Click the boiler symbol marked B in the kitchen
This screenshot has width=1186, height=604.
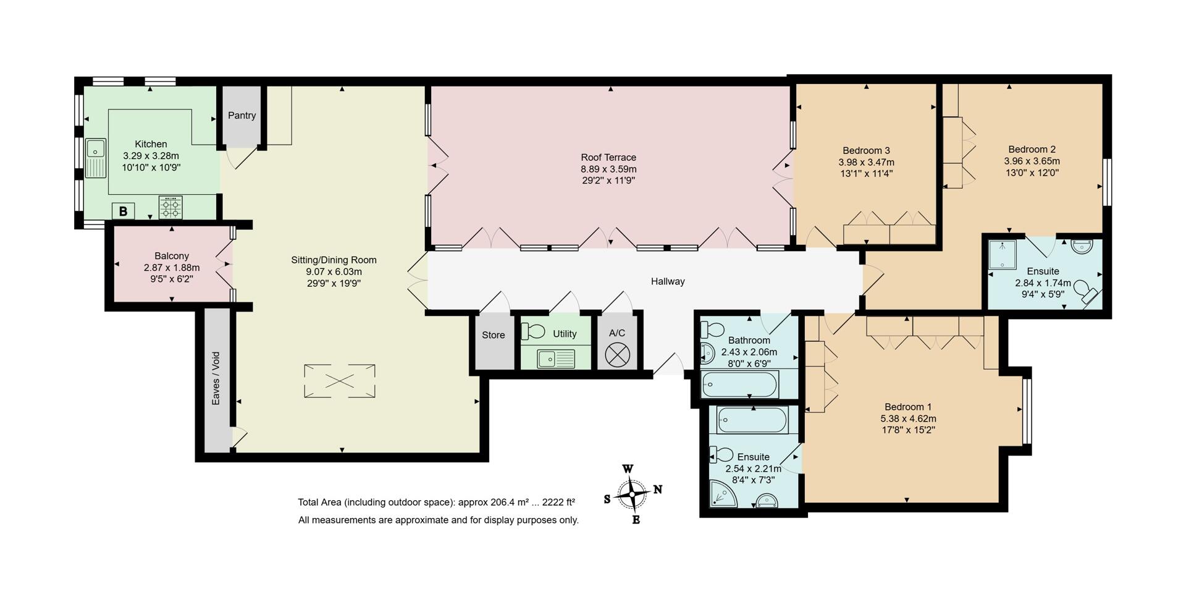[x=123, y=211]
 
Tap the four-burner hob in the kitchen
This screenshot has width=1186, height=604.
[x=170, y=207]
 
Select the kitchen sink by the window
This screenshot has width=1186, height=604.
[x=95, y=158]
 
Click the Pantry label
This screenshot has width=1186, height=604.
[x=242, y=116]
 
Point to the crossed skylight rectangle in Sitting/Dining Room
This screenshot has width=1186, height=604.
[x=339, y=381]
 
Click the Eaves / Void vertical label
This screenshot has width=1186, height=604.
[x=216, y=378]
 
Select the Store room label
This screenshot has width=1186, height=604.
[x=493, y=335]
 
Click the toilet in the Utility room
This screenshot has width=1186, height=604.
[x=532, y=332]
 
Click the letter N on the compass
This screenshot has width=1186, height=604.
[x=658, y=490]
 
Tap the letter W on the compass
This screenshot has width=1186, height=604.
[x=627, y=469]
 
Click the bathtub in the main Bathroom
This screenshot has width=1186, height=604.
[x=738, y=385]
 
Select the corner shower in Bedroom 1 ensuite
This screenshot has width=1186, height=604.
[x=721, y=494]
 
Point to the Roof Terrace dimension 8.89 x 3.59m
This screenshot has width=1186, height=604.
[x=608, y=169]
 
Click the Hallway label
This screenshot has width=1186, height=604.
[x=668, y=281]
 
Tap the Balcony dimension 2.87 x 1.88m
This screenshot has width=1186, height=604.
[x=172, y=268]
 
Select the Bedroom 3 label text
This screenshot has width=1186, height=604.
[x=866, y=150]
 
